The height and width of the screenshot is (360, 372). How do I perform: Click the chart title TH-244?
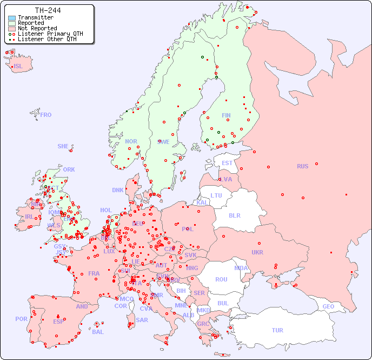(x=48, y=10)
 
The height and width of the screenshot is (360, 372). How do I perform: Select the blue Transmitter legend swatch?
(x=12, y=18)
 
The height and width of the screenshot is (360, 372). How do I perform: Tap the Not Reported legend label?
(x=37, y=29)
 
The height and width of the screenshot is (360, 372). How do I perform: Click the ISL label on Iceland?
(x=18, y=67)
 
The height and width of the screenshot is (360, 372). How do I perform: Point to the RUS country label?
(x=302, y=166)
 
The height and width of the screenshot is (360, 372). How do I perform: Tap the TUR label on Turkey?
(x=277, y=330)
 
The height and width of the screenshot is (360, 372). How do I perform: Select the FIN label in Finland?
(x=226, y=115)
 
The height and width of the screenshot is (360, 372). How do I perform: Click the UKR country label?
(x=257, y=252)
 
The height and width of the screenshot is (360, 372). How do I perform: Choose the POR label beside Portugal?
(x=21, y=319)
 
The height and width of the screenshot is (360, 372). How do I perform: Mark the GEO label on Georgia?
(x=328, y=306)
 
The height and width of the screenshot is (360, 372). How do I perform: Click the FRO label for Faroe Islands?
(x=46, y=115)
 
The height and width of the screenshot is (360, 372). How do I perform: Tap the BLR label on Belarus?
(x=235, y=215)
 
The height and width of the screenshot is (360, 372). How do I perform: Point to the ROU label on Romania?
(x=221, y=279)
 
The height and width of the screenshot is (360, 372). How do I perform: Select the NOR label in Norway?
(x=131, y=141)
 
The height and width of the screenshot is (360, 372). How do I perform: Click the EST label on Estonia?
(x=227, y=163)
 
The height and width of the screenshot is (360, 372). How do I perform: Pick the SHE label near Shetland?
(x=63, y=146)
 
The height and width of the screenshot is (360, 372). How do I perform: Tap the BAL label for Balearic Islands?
(x=98, y=332)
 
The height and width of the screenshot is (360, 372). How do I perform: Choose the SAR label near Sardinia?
(x=142, y=320)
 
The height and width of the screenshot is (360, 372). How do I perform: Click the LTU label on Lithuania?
(x=216, y=195)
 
